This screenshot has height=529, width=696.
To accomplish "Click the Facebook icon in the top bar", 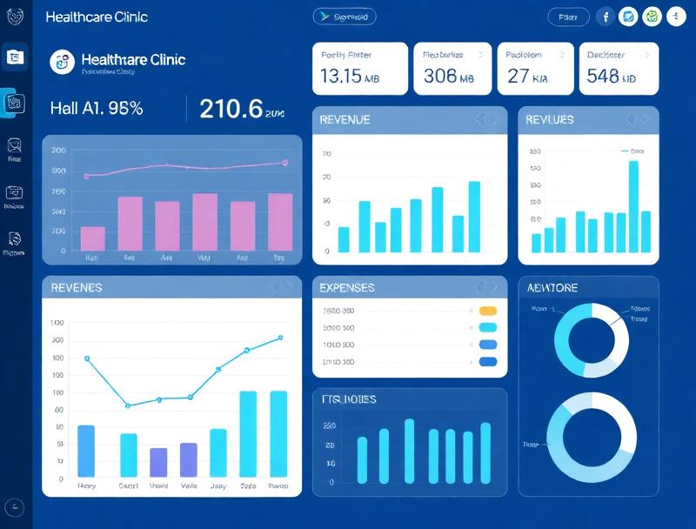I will click(x=605, y=17).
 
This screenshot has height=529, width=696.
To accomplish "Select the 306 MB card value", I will click(x=448, y=76).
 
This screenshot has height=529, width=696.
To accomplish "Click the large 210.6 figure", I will click(x=231, y=109).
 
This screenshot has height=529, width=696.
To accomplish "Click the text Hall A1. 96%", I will click(x=97, y=109).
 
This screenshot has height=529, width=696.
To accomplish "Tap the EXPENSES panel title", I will click(x=347, y=287).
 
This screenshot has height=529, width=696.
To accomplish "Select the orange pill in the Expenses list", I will click(x=488, y=311).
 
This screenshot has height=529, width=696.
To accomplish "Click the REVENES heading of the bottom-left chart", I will click(x=77, y=287).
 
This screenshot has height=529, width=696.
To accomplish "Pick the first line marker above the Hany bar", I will click(x=86, y=358).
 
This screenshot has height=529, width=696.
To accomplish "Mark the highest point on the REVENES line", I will click(x=280, y=338).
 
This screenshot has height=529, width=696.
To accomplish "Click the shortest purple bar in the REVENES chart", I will click(x=158, y=462).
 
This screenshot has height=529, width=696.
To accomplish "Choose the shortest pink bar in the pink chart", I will click(x=92, y=238).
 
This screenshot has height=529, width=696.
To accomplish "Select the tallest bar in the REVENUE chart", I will click(x=474, y=216).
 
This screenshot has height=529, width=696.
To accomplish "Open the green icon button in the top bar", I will click(x=652, y=17).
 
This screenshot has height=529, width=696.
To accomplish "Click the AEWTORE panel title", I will click(x=552, y=287).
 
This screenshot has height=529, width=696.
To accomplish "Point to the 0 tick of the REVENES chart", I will click(x=61, y=479).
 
